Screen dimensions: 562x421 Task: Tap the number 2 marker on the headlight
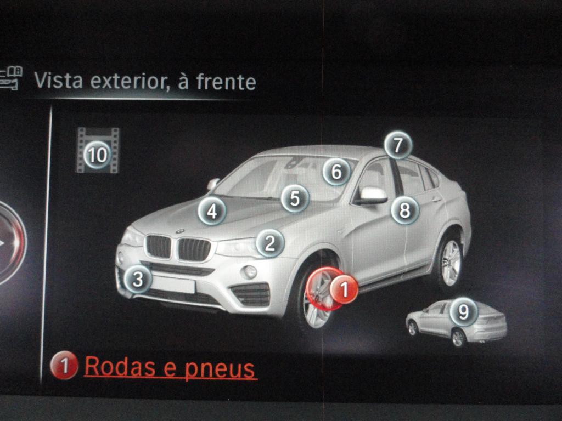pos(270,243)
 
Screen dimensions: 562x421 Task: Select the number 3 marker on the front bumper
pos(138,279)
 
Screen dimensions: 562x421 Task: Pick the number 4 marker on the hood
pos(212,211)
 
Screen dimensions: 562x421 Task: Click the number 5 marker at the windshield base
pos(295,198)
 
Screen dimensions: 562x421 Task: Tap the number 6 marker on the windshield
pos(336,172)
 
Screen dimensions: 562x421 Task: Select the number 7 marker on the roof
pos(398,145)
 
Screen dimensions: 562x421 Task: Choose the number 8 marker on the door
pos(405,210)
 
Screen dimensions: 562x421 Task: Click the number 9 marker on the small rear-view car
pos(464,312)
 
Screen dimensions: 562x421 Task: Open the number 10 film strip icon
pos(98,150)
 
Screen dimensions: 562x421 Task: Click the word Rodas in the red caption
pos(120,366)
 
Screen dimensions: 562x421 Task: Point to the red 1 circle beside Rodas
pos(64,366)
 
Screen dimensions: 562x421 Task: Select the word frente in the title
pos(226,82)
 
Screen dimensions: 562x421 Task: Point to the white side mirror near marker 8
pos(373,195)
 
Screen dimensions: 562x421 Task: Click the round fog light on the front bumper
pos(250,272)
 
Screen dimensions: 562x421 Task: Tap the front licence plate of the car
pos(173,285)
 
